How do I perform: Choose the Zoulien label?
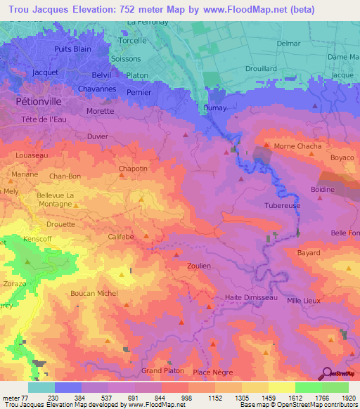pyautogui.click(x=200, y=266)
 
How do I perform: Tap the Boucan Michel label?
pyautogui.click(x=94, y=293)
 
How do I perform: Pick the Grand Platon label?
pyautogui.click(x=162, y=370)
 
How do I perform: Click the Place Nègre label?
pyautogui.click(x=212, y=371)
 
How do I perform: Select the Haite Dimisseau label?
pyautogui.click(x=251, y=297)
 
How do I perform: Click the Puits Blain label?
pyautogui.click(x=72, y=49)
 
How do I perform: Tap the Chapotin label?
pyautogui.click(x=133, y=169)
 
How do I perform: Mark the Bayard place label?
pyautogui.click(x=308, y=252)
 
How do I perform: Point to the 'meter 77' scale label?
pyautogui.click(x=15, y=397)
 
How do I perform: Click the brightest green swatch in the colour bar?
pyautogui.click(x=308, y=387)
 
